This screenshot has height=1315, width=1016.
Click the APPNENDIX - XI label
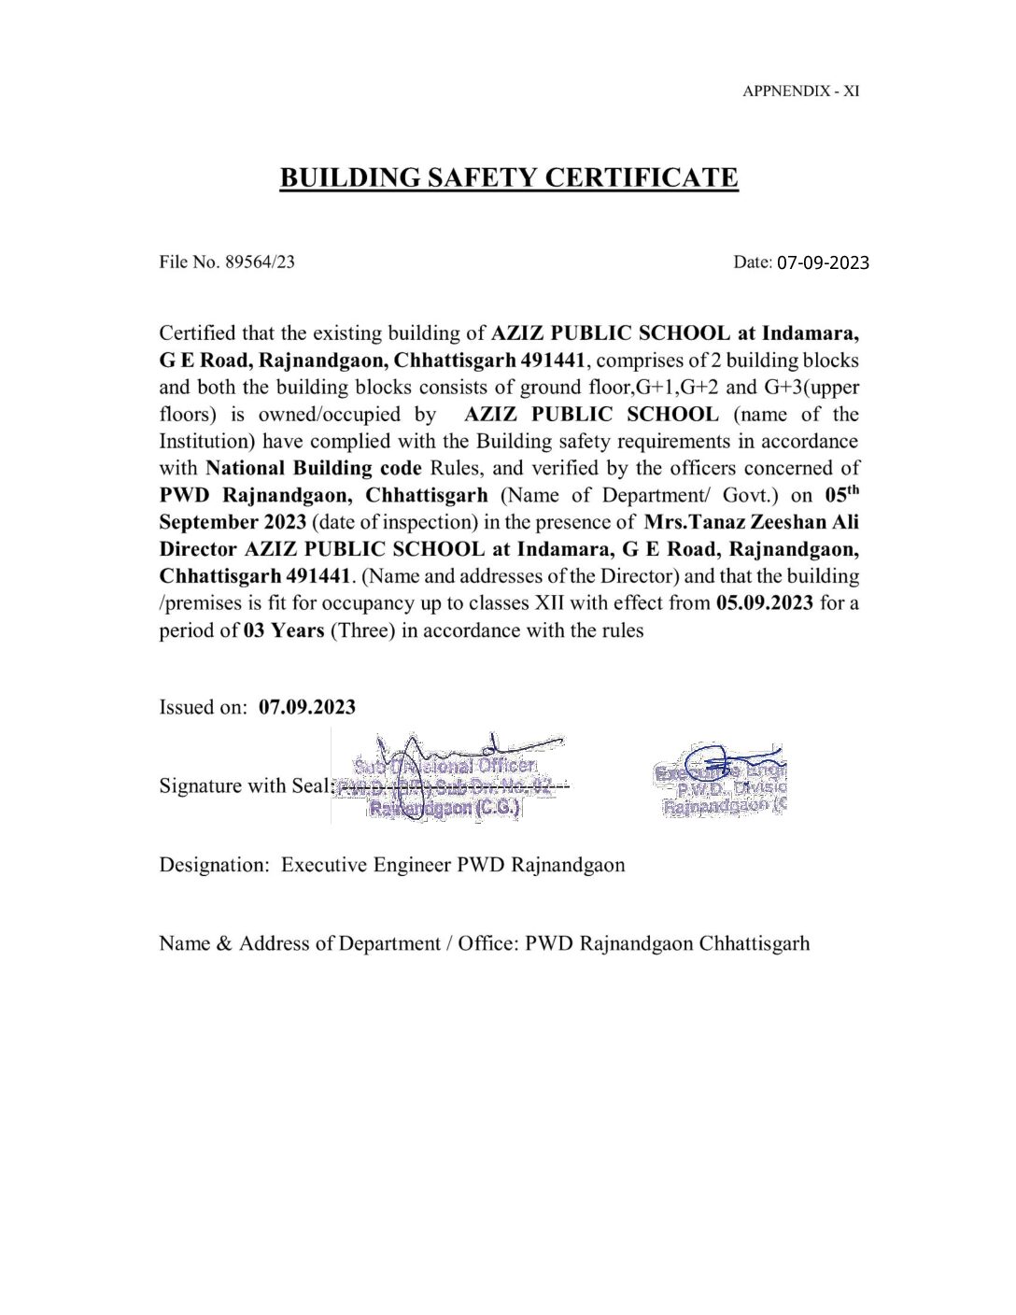800,91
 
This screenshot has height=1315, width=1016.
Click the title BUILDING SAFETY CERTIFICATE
509,177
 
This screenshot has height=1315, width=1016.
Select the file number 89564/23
260,262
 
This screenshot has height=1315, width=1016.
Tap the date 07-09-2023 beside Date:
823,262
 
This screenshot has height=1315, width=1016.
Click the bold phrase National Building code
314,468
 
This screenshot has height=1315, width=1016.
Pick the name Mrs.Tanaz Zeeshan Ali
751,522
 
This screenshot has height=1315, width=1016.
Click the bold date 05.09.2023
765,603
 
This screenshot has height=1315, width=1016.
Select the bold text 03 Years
284,630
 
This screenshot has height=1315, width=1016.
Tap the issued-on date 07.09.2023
307,707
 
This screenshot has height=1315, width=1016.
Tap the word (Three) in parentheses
362,630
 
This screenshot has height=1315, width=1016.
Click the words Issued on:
204,707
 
